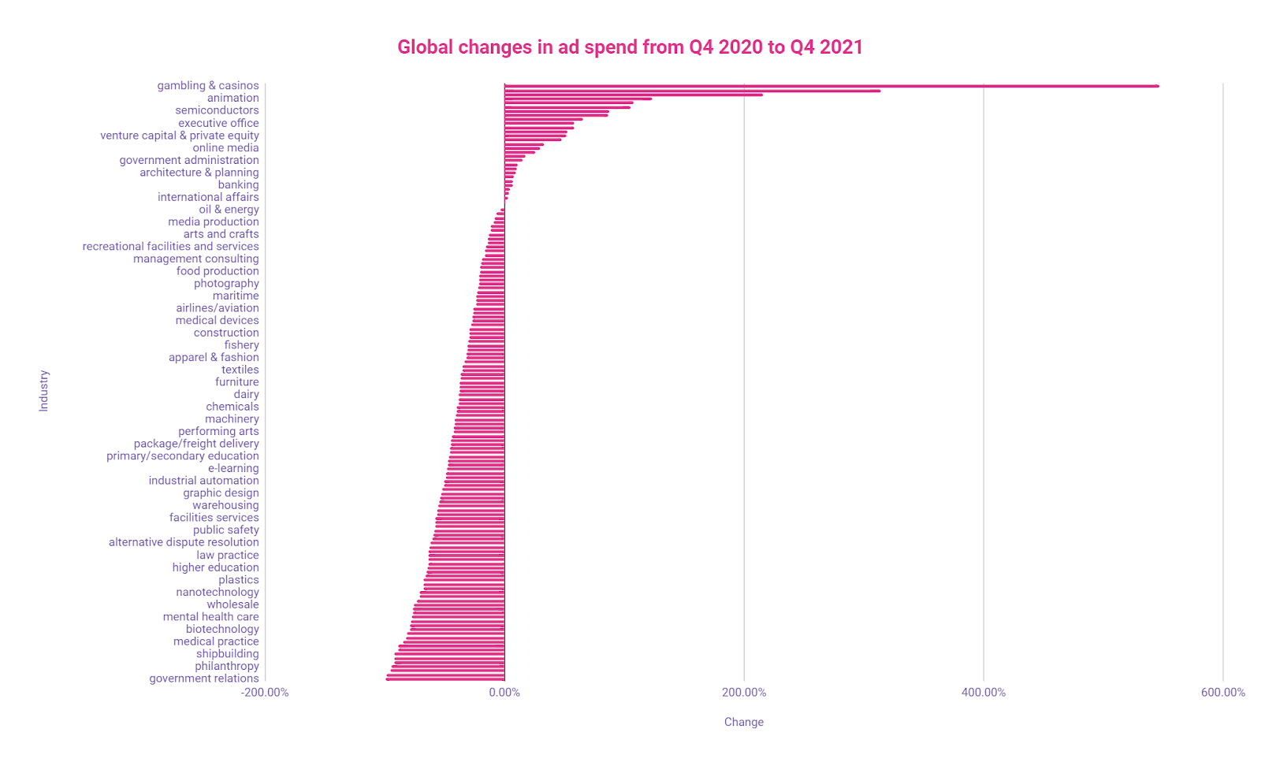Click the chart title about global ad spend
coord(630,47)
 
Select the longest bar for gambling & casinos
coord(831,86)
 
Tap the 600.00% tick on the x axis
coord(1222,693)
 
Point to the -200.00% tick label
coord(265,693)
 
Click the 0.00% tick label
coord(504,693)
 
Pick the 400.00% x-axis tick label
coord(983,693)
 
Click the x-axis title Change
coord(743,722)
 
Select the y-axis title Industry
coord(44,391)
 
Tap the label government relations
coord(203,679)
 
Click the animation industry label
coord(232,98)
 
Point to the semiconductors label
coord(217,110)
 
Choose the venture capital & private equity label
coord(179,136)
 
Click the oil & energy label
coord(229,210)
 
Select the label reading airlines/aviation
coord(217,308)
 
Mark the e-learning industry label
coord(232,468)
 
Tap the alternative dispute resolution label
coord(184,542)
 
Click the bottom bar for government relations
coord(445,679)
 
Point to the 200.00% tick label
coord(743,693)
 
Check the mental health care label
coord(210,617)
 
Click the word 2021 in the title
coord(841,47)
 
